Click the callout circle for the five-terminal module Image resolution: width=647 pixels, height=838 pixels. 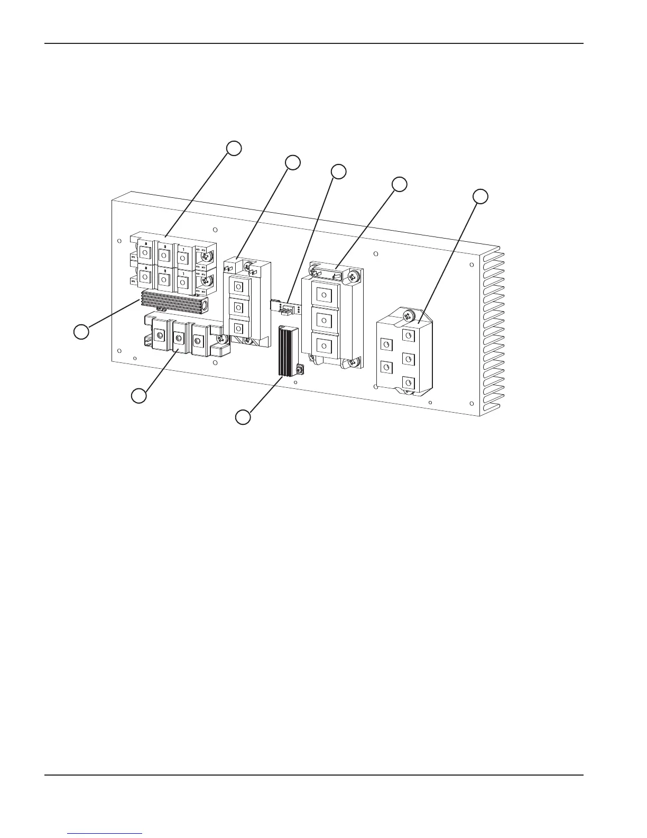[480, 196]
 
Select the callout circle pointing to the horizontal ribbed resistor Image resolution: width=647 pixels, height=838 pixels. [81, 332]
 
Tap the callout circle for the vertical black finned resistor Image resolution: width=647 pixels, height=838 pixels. [243, 417]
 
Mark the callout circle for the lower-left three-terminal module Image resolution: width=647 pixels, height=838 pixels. [139, 396]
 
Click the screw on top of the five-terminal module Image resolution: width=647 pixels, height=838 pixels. [408, 316]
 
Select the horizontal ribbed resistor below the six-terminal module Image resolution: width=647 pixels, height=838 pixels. [173, 303]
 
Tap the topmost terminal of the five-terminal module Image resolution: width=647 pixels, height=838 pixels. [408, 335]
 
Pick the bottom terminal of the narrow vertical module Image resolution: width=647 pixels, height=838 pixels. [238, 328]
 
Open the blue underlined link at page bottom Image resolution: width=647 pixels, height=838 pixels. [105, 833]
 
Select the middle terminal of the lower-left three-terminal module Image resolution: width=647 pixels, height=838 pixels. [179, 336]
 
